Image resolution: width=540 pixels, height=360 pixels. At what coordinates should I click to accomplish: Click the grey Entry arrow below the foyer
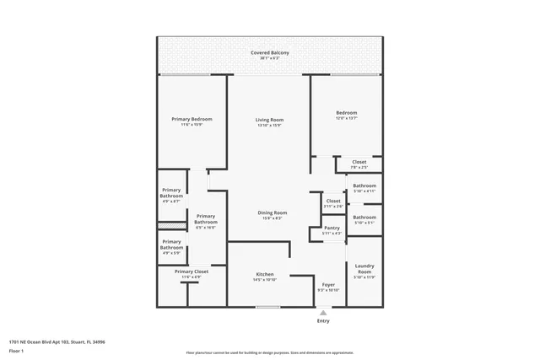pyautogui.click(x=323, y=313)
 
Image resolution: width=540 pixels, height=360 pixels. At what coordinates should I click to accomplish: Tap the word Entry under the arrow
pyautogui.click(x=323, y=321)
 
